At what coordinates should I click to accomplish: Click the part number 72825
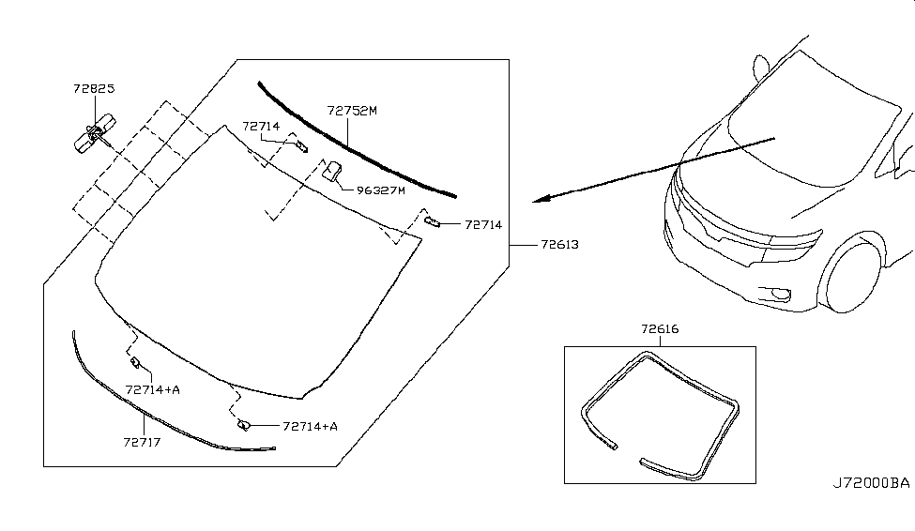tap(94, 89)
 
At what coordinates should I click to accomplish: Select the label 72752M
tap(352, 111)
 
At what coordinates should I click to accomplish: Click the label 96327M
tap(380, 190)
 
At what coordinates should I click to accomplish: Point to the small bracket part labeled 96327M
tap(332, 171)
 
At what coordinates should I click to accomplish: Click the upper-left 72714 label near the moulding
tap(261, 126)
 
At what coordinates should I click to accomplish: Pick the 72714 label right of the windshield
tap(483, 224)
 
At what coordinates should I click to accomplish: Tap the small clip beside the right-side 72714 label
tap(432, 220)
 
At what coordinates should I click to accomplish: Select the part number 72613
tap(559, 245)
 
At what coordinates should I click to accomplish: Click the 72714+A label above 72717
tap(152, 389)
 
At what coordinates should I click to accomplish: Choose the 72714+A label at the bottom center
tap(310, 427)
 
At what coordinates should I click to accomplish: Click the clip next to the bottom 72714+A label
tap(244, 425)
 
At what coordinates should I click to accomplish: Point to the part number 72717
tap(142, 442)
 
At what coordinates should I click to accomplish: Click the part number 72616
tap(660, 329)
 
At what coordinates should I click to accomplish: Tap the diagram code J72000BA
tap(871, 483)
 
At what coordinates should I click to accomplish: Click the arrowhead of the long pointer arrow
tap(541, 199)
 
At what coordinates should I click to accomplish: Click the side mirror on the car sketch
tap(760, 68)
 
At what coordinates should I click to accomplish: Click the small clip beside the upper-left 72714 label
tap(301, 145)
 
